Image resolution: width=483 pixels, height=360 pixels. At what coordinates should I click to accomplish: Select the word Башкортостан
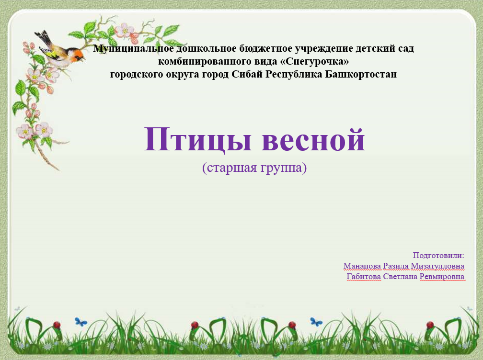(361, 74)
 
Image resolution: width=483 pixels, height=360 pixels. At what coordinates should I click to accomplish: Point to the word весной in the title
(313, 140)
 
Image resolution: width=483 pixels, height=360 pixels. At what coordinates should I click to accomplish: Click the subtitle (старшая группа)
(254, 168)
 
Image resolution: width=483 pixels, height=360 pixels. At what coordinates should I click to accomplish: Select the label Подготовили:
(438, 255)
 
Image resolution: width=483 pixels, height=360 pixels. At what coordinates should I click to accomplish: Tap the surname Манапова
(362, 266)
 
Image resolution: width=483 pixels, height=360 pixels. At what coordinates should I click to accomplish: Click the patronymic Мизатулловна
(437, 266)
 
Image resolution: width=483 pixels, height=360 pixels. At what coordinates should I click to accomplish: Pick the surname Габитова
(364, 277)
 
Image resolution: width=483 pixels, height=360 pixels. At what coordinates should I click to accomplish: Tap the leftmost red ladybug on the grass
(57, 325)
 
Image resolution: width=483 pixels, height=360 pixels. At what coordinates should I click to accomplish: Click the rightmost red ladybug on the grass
(430, 325)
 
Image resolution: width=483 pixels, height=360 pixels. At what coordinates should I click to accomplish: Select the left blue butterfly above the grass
(80, 322)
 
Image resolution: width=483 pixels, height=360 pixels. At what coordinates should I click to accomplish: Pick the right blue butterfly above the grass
(316, 322)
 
